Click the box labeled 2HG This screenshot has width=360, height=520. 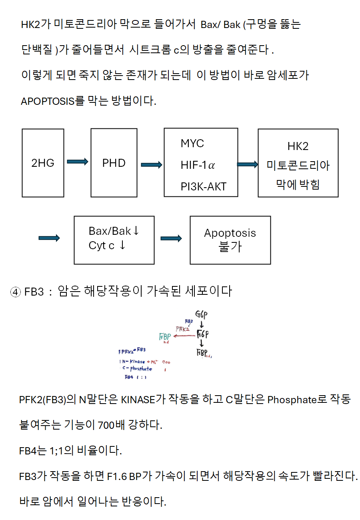pyautogui.click(x=43, y=163)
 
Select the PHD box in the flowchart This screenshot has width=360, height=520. pyautogui.click(x=114, y=163)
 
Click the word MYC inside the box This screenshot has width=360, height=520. pyautogui.click(x=192, y=144)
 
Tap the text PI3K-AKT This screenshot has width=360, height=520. pyautogui.click(x=204, y=186)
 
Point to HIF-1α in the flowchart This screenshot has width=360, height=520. pyautogui.click(x=198, y=165)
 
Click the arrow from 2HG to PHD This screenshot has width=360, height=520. pyautogui.click(x=77, y=162)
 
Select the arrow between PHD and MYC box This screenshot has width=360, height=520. pyautogui.click(x=151, y=165)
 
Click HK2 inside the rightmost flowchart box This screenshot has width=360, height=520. pyautogui.click(x=298, y=146)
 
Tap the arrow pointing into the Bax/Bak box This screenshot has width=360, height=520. pyautogui.click(x=49, y=238)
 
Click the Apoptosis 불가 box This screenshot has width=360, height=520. pyautogui.click(x=230, y=240)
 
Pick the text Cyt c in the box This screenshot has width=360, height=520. pyautogui.click(x=102, y=246)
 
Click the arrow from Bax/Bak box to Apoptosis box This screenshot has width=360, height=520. pyautogui.click(x=171, y=238)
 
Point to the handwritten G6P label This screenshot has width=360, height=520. pyautogui.click(x=201, y=315)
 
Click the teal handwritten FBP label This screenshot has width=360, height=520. pyautogui.click(x=165, y=337)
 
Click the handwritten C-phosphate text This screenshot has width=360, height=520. pyautogui.click(x=138, y=369)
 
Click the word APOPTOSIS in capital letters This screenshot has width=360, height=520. pyautogui.click(x=48, y=101)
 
